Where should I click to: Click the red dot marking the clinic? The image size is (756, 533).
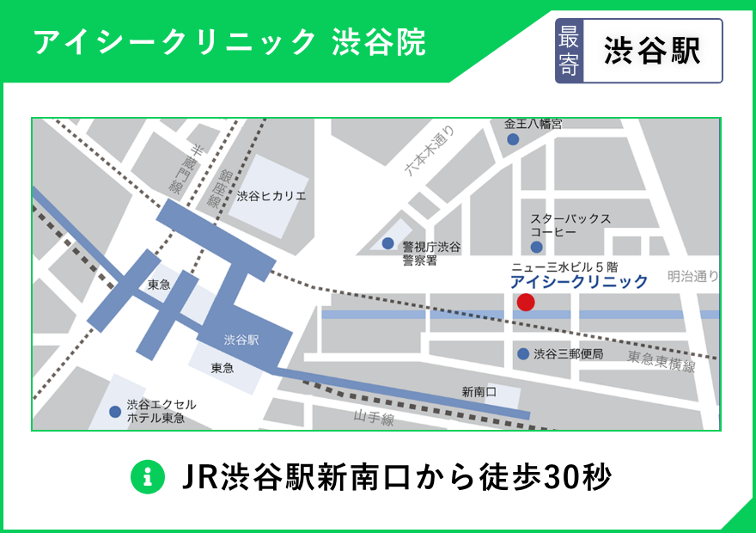click(x=526, y=302)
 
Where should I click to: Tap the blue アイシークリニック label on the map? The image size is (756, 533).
click(x=579, y=282)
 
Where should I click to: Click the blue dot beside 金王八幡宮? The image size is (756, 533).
click(x=513, y=139)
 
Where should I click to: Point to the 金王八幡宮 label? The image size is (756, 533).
click(x=533, y=124)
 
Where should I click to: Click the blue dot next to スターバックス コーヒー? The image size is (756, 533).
click(x=537, y=224)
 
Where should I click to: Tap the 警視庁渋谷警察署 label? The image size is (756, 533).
click(x=431, y=254)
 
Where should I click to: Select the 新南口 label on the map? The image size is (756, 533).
click(x=479, y=392)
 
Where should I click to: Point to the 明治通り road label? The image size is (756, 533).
click(x=693, y=276)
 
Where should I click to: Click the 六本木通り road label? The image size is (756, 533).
click(x=430, y=151)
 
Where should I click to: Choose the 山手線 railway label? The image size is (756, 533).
click(x=374, y=419)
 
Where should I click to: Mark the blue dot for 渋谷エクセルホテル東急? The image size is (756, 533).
click(x=115, y=412)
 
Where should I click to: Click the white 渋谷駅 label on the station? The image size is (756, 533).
click(x=241, y=339)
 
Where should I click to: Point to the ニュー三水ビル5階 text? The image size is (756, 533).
click(x=564, y=266)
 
